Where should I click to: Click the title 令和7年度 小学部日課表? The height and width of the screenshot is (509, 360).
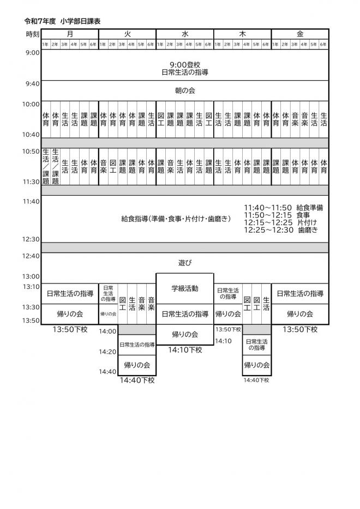(62, 21)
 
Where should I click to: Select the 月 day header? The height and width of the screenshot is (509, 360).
(70, 34)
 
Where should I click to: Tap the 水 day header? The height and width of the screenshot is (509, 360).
(185, 34)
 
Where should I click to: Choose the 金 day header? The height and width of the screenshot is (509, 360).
(300, 34)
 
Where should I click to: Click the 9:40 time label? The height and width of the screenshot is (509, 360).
(32, 83)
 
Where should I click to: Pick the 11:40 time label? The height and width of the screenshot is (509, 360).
(32, 201)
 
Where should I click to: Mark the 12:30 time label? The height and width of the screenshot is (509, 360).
(32, 239)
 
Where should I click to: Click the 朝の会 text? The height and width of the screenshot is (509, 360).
(185, 90)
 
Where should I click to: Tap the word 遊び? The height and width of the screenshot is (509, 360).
(185, 263)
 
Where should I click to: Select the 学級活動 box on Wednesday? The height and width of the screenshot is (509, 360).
(185, 288)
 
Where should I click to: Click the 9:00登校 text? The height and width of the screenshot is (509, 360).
(185, 64)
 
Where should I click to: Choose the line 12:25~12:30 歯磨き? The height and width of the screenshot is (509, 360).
(281, 231)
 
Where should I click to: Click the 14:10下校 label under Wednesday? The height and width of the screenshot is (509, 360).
(185, 349)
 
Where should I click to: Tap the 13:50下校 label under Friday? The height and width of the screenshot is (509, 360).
(300, 329)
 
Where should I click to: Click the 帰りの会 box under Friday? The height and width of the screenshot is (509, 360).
(300, 314)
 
